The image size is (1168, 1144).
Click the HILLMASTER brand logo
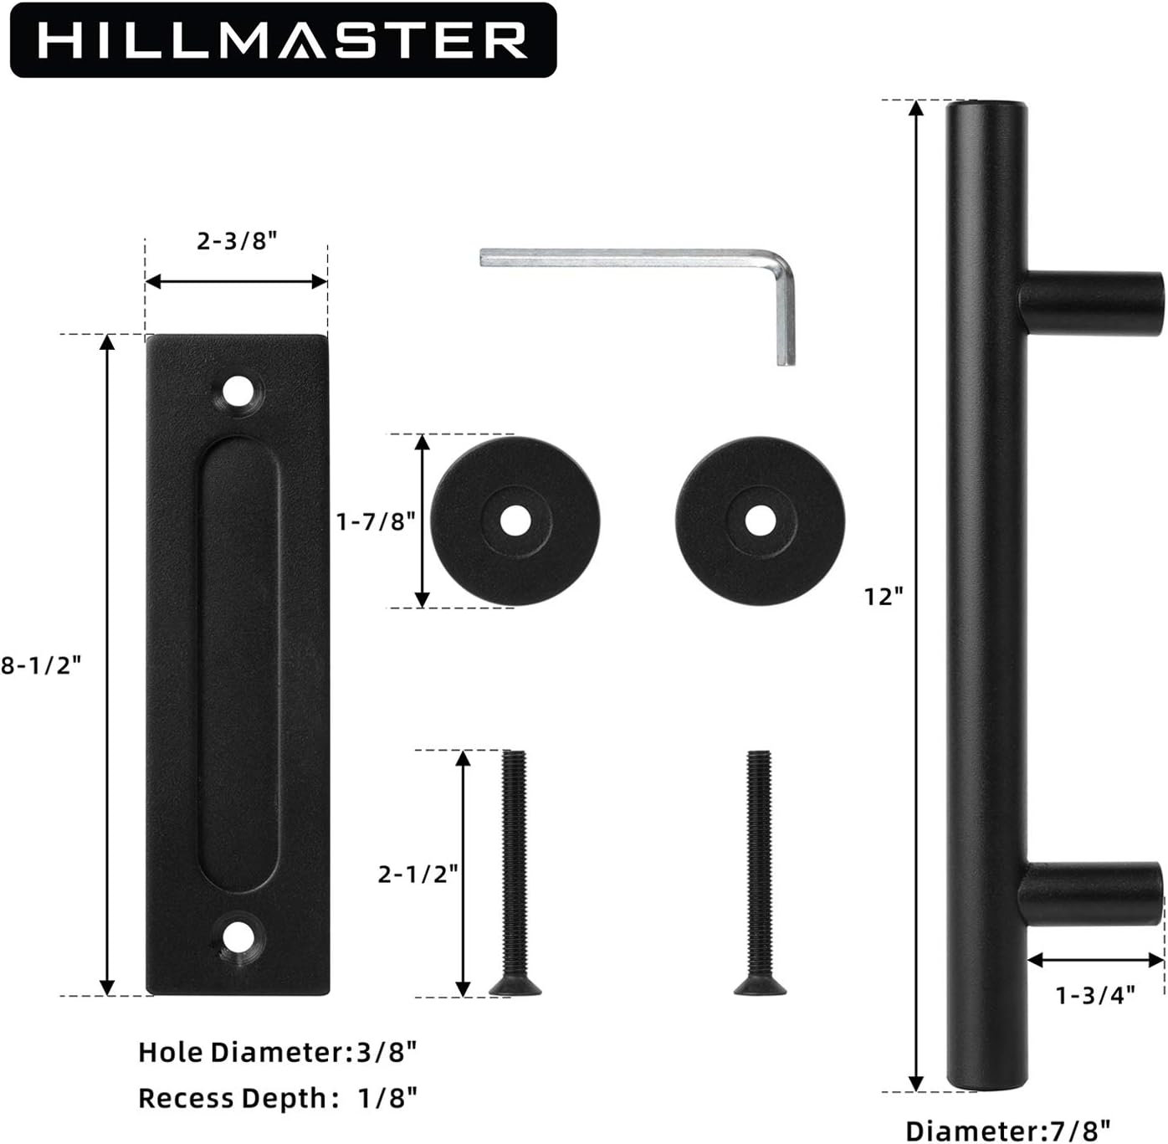283,40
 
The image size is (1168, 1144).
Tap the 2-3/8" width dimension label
237,241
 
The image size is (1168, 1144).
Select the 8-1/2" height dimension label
41,665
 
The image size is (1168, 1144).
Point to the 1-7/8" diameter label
377,521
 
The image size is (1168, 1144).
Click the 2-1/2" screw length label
418,874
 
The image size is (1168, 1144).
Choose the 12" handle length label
884,597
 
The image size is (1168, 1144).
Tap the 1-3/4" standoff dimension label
1095,1012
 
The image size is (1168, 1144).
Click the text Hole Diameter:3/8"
279,1052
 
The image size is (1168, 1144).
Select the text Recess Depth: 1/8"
279,1098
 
